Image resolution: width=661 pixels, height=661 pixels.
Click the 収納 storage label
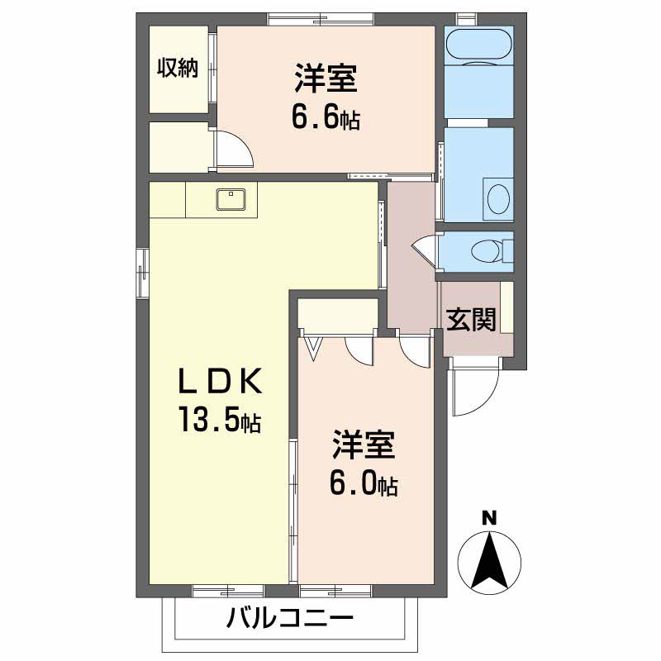pyautogui.click(x=178, y=69)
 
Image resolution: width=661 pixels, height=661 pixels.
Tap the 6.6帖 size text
pyautogui.click(x=325, y=119)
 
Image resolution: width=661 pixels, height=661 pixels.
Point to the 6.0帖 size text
pyautogui.click(x=364, y=483)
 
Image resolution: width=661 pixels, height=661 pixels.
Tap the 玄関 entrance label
pyautogui.click(x=471, y=320)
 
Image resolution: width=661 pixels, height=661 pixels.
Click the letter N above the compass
pyautogui.click(x=489, y=519)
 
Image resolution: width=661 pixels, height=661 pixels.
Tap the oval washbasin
pyautogui.click(x=498, y=198)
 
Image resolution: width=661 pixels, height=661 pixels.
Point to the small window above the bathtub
pyautogui.click(x=466, y=17)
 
